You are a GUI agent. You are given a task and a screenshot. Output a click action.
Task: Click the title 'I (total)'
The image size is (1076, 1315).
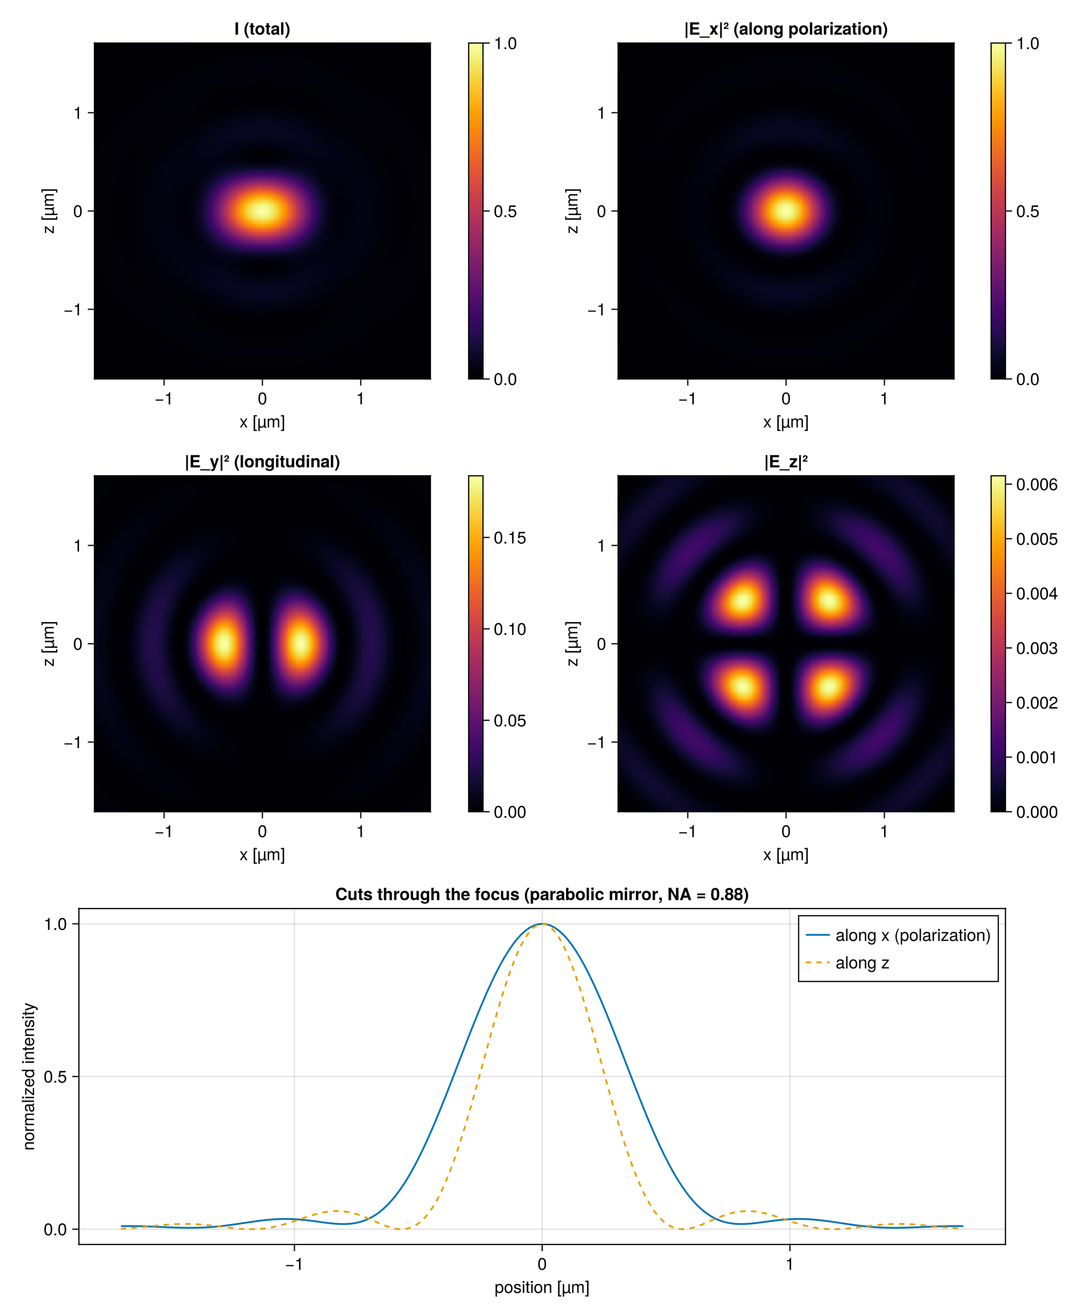click(262, 29)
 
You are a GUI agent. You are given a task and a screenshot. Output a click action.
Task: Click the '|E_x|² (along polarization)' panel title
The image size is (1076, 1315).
click(785, 29)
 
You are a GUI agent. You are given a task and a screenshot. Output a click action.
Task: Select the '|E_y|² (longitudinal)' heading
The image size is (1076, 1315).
click(262, 461)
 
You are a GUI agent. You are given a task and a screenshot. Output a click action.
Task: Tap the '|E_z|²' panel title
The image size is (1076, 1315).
click(785, 461)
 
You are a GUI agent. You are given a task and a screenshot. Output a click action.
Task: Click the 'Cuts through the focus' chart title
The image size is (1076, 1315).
click(542, 894)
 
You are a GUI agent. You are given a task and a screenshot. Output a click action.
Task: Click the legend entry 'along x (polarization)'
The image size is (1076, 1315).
click(912, 935)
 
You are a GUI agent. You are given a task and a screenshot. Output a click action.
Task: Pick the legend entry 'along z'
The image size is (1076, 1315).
click(861, 962)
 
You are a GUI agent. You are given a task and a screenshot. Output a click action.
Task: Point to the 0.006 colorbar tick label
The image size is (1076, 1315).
click(1037, 485)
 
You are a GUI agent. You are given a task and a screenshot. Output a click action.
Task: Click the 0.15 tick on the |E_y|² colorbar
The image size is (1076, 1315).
click(509, 538)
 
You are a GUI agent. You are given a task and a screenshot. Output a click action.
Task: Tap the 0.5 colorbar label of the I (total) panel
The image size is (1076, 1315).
click(505, 212)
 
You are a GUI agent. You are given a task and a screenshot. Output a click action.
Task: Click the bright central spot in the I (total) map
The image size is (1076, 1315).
click(262, 210)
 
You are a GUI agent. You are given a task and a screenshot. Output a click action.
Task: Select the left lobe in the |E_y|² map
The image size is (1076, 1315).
click(224, 643)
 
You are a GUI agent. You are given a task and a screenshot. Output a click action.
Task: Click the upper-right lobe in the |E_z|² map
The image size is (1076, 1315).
click(829, 600)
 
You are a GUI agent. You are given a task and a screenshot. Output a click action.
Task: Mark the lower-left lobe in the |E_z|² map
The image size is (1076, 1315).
click(742, 687)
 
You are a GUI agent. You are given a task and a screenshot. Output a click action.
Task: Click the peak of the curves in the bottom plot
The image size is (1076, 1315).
click(542, 923)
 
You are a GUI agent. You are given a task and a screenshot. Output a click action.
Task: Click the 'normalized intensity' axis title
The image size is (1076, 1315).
click(29, 1077)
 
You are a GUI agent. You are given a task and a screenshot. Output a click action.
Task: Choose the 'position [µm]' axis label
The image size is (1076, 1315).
click(542, 1287)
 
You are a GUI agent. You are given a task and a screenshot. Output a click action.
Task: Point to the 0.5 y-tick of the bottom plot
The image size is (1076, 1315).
click(55, 1077)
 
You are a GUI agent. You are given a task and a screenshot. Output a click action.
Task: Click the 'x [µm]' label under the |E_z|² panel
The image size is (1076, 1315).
click(785, 855)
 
